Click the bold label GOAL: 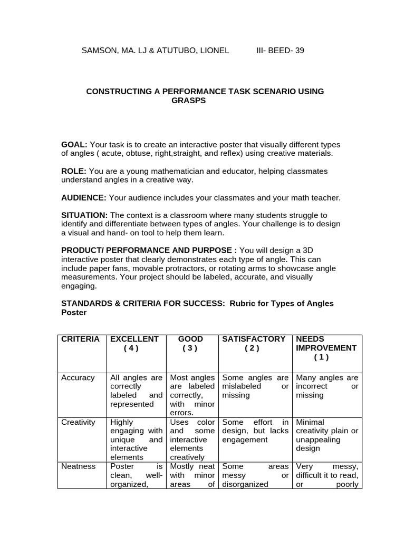point(74,145)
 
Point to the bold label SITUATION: point(84,215)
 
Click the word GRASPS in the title point(188,100)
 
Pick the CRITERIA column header point(80,339)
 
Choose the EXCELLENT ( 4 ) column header point(134,344)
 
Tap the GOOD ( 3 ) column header point(190,344)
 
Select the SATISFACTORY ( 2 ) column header point(254,344)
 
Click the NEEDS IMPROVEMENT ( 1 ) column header point(326,348)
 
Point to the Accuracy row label point(78,378)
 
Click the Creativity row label point(79,422)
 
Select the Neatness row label point(79,466)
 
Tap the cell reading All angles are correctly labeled point(136,391)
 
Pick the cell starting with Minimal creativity point(327,435)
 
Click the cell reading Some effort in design point(255,431)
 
